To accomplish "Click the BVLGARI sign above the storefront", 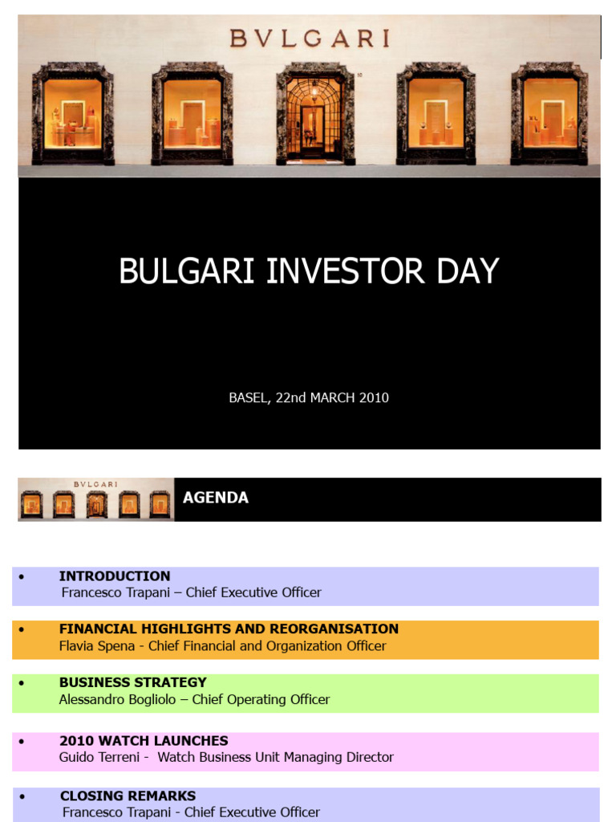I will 310,38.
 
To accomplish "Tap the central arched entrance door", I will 314,119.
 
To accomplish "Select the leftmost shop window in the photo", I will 72,113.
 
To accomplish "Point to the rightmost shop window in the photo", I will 549,113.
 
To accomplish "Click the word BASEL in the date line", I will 248,397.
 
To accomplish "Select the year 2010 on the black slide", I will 374,397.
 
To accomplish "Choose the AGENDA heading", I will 216,498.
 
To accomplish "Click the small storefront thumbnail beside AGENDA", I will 96,499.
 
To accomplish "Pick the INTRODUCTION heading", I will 115,576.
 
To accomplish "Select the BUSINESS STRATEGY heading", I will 133,682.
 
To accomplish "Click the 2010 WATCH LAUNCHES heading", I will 144,740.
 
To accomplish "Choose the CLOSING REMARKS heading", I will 128,796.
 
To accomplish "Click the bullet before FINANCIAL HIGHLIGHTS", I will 21,629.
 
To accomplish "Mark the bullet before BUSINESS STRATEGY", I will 21,683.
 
